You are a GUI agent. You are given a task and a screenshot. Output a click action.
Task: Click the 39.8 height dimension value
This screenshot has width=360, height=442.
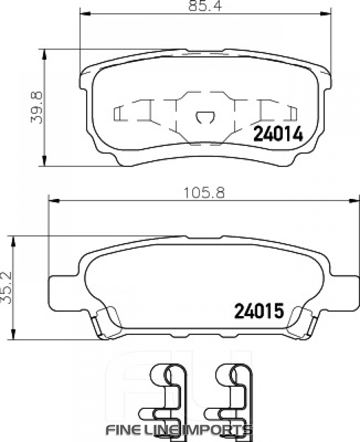37,107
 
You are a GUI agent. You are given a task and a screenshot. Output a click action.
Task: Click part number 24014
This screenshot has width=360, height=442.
278,134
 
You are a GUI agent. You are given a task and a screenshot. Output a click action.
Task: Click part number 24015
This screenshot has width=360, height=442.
257,311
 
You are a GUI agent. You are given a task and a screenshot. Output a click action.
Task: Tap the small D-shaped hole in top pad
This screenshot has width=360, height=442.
204,117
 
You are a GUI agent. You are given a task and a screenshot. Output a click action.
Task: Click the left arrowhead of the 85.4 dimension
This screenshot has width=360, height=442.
84,15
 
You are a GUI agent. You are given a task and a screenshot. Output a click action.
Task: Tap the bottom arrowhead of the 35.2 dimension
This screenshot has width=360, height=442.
14,335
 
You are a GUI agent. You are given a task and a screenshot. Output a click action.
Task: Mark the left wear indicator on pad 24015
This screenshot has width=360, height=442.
104,323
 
